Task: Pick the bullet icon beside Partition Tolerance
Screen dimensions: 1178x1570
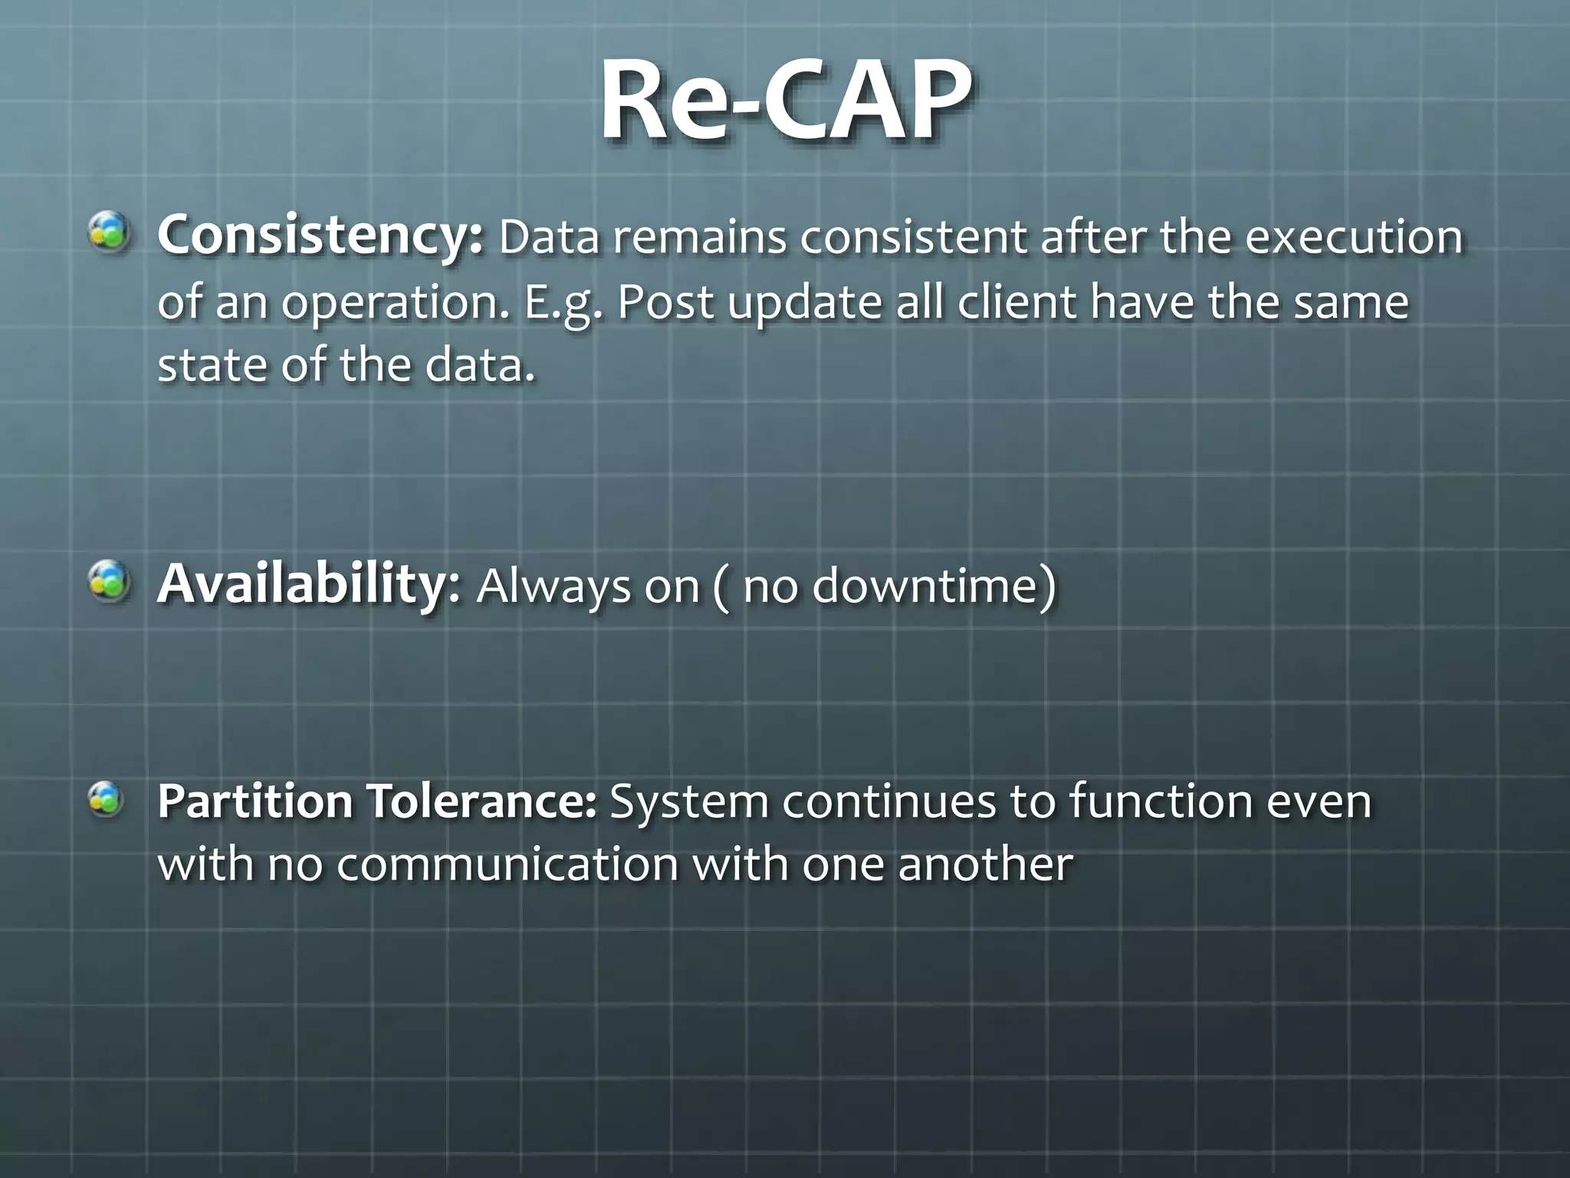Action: (x=107, y=798)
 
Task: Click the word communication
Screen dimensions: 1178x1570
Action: (x=507, y=864)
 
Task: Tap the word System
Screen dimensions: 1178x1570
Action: (x=688, y=801)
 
